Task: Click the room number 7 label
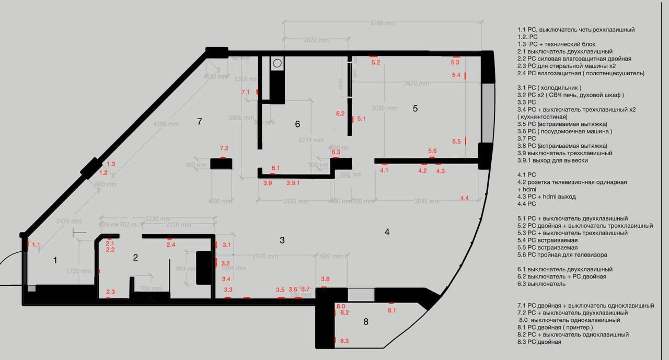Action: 199,122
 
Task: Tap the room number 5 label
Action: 415,109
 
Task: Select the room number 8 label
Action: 365,321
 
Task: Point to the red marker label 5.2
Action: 375,62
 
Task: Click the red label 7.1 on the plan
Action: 246,92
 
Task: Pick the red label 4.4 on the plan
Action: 464,198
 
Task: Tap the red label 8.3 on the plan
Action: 344,341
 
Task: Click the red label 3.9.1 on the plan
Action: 293,183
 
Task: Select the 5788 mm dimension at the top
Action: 383,23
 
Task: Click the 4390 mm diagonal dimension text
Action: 166,124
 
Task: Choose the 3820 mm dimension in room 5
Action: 416,83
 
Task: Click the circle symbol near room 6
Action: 276,64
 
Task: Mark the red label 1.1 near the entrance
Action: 36,245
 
